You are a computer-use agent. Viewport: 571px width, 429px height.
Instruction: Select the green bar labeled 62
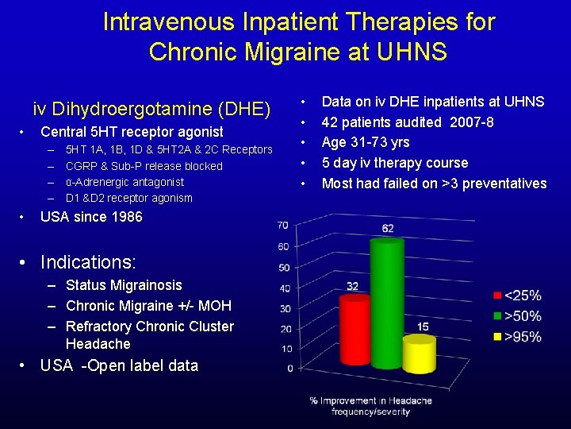click(386, 302)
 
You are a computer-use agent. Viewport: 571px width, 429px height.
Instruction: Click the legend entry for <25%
click(516, 296)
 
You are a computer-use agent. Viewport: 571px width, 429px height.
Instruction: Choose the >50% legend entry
click(516, 316)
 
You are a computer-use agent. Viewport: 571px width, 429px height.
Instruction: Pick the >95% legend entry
click(516, 337)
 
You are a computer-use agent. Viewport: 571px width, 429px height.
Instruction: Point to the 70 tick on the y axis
click(283, 226)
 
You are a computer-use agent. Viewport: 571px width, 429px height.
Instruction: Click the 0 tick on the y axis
click(289, 368)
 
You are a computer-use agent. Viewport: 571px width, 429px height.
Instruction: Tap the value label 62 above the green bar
click(387, 229)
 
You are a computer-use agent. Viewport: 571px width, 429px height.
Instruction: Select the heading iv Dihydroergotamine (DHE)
click(151, 109)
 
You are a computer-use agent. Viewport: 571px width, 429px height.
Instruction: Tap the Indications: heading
click(88, 262)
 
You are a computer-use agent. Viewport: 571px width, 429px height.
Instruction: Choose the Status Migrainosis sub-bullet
click(124, 285)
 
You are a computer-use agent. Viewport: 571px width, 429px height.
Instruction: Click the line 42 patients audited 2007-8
click(408, 122)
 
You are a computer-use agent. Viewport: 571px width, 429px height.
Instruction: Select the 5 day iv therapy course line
click(394, 163)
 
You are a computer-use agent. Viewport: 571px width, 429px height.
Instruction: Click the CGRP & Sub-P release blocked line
click(144, 166)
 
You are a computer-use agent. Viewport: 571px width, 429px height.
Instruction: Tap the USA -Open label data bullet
click(119, 365)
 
